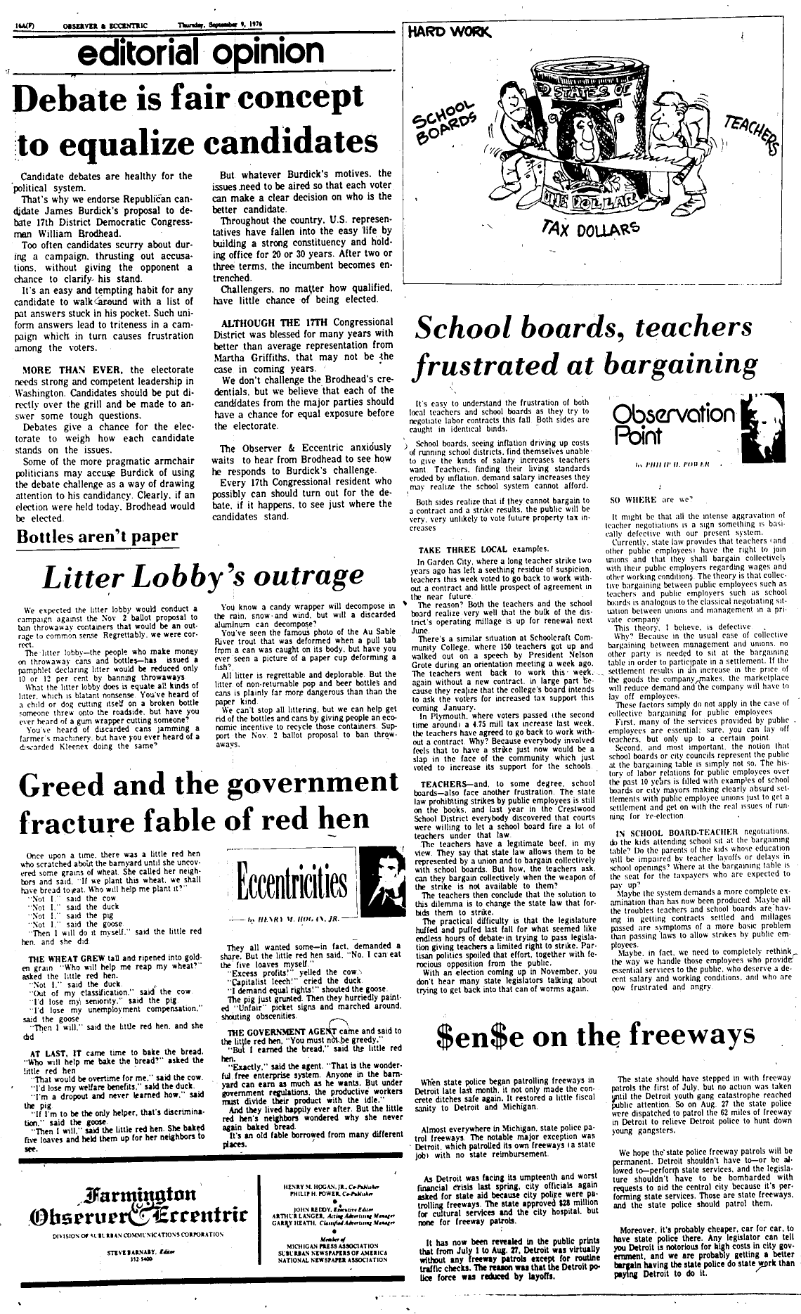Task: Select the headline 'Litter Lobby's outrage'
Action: click(203, 576)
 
